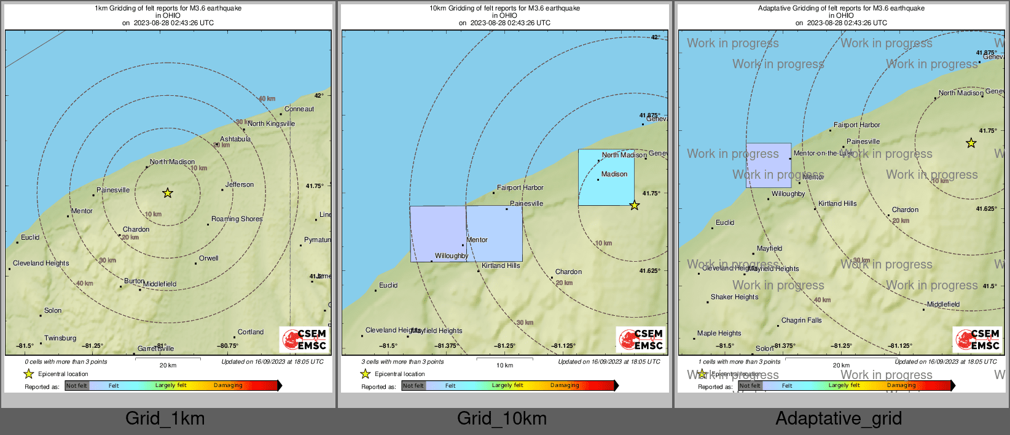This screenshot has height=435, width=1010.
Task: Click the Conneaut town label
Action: click(x=299, y=109)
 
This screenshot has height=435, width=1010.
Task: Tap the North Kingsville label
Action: click(x=271, y=123)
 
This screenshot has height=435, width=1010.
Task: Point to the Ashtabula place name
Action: click(x=235, y=139)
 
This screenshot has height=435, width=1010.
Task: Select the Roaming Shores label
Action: click(x=237, y=219)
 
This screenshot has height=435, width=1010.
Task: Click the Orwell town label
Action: click(x=208, y=258)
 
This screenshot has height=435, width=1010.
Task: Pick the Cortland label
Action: click(x=251, y=332)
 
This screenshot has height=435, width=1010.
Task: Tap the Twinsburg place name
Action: click(x=60, y=338)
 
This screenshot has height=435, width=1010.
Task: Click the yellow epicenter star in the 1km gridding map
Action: click(x=168, y=193)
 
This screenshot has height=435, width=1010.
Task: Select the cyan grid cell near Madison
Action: click(x=606, y=178)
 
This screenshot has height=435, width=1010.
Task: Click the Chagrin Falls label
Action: click(x=801, y=320)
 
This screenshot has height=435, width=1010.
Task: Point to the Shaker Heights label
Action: click(x=734, y=297)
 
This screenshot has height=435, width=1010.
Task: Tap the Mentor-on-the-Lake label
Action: click(x=823, y=153)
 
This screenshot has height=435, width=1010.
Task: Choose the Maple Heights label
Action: click(x=719, y=333)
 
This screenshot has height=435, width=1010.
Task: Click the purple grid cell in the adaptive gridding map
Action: click(x=769, y=165)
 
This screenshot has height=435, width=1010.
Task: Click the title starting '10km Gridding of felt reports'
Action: click(x=504, y=9)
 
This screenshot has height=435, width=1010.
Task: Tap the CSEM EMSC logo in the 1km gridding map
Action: click(x=304, y=340)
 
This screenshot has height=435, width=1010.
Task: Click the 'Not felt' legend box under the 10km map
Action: click(x=413, y=386)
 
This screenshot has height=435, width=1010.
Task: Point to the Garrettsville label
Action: click(x=155, y=348)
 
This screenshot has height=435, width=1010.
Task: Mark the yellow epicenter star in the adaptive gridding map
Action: click(x=971, y=143)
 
